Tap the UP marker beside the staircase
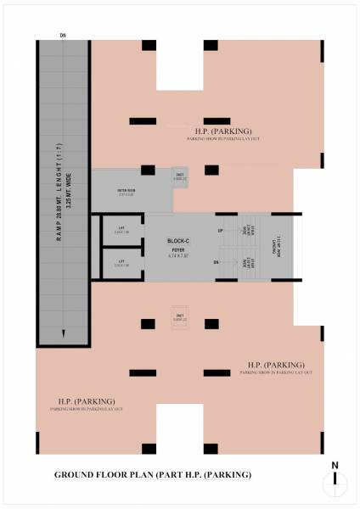[x=220, y=231]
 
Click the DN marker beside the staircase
[x=217, y=263]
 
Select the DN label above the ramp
[x=63, y=35]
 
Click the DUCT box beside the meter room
[x=180, y=176]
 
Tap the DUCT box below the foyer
[x=180, y=317]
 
